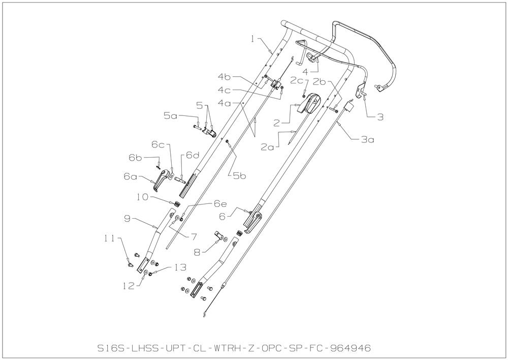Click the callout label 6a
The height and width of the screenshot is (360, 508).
[x=130, y=176]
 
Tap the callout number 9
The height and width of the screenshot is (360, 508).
[x=127, y=219]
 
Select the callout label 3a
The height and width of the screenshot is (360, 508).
[x=368, y=139]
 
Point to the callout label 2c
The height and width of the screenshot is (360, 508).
[x=297, y=80]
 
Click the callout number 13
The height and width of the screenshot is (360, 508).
[x=180, y=267]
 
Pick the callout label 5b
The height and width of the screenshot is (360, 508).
[x=239, y=176]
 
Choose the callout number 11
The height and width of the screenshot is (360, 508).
[x=109, y=238]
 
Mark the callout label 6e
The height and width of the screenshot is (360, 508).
[x=220, y=204]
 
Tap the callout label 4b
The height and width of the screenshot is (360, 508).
[x=224, y=77]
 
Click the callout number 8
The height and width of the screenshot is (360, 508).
[x=197, y=252]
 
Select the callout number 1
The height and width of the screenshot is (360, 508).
[x=253, y=39]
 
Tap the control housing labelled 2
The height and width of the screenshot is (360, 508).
[x=309, y=103]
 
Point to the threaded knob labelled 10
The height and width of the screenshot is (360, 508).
[x=176, y=204]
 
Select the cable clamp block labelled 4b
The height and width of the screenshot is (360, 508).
[x=275, y=84]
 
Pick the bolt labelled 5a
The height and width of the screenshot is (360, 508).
[x=197, y=127]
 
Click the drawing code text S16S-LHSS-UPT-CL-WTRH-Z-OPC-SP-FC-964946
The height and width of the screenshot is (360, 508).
[x=234, y=348]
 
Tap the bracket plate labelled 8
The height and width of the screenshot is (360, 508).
[x=220, y=236]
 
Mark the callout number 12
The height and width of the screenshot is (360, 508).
[x=129, y=286]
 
